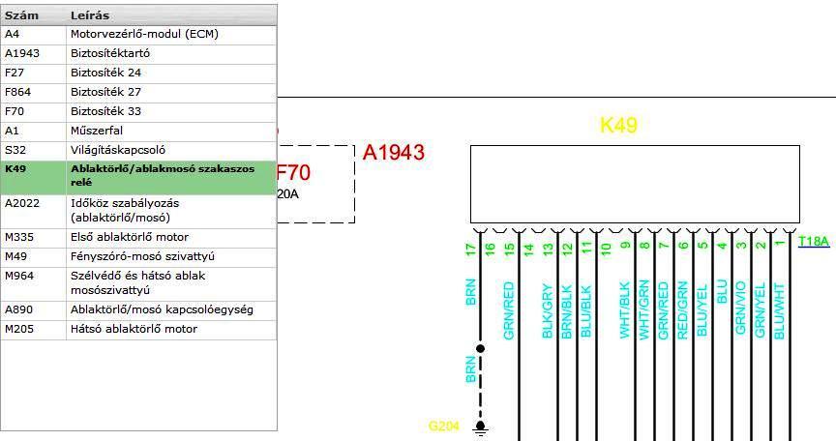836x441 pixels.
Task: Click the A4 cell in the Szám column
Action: pos(13,34)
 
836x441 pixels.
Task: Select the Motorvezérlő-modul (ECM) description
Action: pos(144,34)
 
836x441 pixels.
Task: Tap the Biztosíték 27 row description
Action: pos(105,92)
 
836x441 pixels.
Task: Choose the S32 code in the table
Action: pos(15,150)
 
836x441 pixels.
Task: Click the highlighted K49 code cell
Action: pos(16,167)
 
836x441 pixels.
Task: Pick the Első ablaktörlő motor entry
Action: pos(130,237)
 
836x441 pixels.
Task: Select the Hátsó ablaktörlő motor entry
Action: pos(134,329)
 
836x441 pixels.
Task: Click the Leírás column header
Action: pos(90,15)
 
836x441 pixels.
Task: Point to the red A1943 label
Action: pos(394,153)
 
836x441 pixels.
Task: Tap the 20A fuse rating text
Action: pos(288,193)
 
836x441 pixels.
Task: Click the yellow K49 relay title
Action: pos(619,126)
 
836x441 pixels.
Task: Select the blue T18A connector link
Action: pos(814,242)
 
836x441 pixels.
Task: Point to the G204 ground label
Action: pos(441,426)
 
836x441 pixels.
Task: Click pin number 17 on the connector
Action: pos(471,249)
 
